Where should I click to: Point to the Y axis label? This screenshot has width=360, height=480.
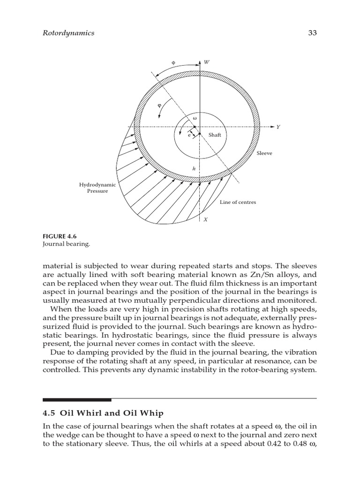click(278, 127)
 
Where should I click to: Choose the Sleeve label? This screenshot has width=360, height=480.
click(264, 153)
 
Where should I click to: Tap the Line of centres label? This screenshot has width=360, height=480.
click(238, 202)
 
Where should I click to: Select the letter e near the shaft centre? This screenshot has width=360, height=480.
click(189, 135)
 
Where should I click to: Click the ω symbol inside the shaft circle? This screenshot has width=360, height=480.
click(195, 118)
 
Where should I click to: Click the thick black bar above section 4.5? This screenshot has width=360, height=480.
click(77, 400)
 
